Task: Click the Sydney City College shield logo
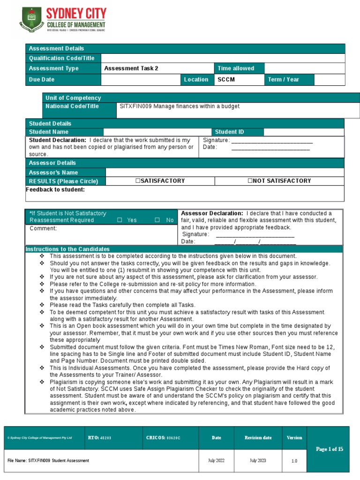(x=31, y=20)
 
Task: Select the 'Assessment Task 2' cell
(x=131, y=68)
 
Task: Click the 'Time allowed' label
(x=236, y=68)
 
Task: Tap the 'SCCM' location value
(x=226, y=80)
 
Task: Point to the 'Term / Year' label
(x=283, y=80)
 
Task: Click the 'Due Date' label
(x=42, y=80)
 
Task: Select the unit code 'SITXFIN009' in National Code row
(x=136, y=106)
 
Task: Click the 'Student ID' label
(x=229, y=132)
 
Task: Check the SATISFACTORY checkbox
(x=138, y=181)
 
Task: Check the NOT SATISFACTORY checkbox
(x=250, y=181)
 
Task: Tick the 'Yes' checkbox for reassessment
(x=120, y=220)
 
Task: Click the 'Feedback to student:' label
(x=55, y=189)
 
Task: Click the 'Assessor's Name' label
(x=53, y=172)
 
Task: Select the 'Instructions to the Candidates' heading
(x=67, y=249)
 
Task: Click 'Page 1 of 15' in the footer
(x=330, y=449)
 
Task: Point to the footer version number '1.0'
(x=294, y=461)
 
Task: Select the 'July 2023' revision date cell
(x=258, y=461)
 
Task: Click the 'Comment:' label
(x=43, y=229)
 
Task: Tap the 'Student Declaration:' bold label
(x=58, y=140)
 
